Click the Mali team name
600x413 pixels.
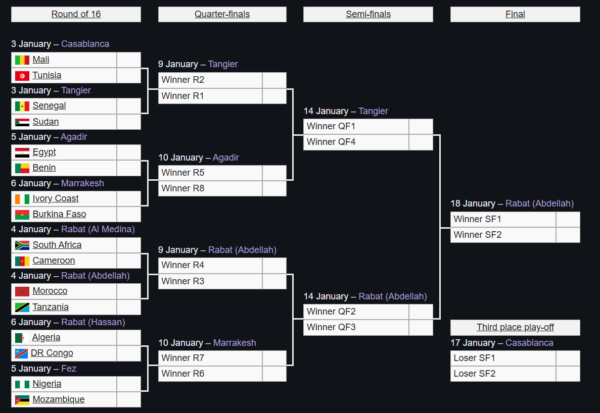pyautogui.click(x=41, y=60)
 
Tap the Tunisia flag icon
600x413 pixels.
pyautogui.click(x=22, y=76)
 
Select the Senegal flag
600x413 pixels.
pyautogui.click(x=22, y=106)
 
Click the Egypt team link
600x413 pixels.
pyautogui.click(x=44, y=152)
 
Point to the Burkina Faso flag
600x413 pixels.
pyautogui.click(x=22, y=215)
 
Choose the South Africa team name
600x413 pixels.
pyautogui.click(x=57, y=245)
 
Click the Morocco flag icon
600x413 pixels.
pyautogui.click(x=22, y=291)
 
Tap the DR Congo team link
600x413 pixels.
pyautogui.click(x=52, y=353)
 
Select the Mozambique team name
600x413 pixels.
pyautogui.click(x=58, y=399)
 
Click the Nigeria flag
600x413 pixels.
pyautogui.click(x=22, y=384)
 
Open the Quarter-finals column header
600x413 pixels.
pyautogui.click(x=222, y=14)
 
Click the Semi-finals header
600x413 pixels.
pyautogui.click(x=368, y=14)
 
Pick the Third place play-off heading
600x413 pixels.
pyautogui.click(x=515, y=327)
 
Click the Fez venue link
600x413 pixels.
pyautogui.click(x=69, y=369)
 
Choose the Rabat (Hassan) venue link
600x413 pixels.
pyautogui.click(x=93, y=322)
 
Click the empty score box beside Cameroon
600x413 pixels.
pyautogui.click(x=128, y=261)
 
